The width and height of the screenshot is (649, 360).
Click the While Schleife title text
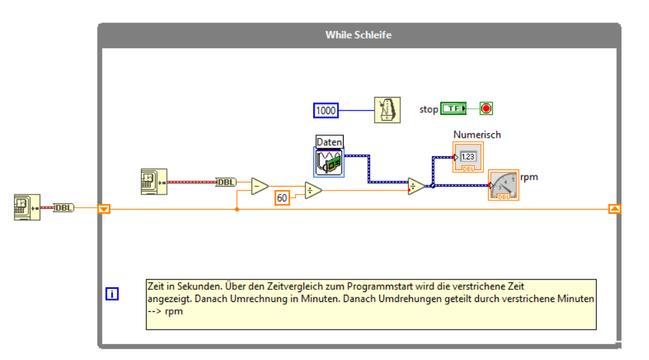coord(358,34)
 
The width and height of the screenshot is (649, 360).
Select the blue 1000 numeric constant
coord(326,110)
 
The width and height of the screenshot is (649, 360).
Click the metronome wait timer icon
coord(387,109)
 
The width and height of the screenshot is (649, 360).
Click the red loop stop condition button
coord(487,109)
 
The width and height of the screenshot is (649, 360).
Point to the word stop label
coord(429,109)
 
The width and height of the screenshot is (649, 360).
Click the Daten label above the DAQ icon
coord(329,142)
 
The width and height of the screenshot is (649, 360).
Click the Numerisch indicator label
coord(477,135)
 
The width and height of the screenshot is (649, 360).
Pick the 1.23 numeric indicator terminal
coord(468,158)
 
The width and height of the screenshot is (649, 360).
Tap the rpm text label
coord(529,177)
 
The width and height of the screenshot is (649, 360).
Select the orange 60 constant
coord(282,197)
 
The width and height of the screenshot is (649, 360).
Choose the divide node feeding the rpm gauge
coord(416,187)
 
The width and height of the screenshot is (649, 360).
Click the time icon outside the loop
coord(27,207)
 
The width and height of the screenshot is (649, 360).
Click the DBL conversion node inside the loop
coord(226,182)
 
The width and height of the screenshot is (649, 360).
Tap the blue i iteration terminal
coord(112,294)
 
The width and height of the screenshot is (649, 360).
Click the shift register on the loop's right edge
coord(614,209)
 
